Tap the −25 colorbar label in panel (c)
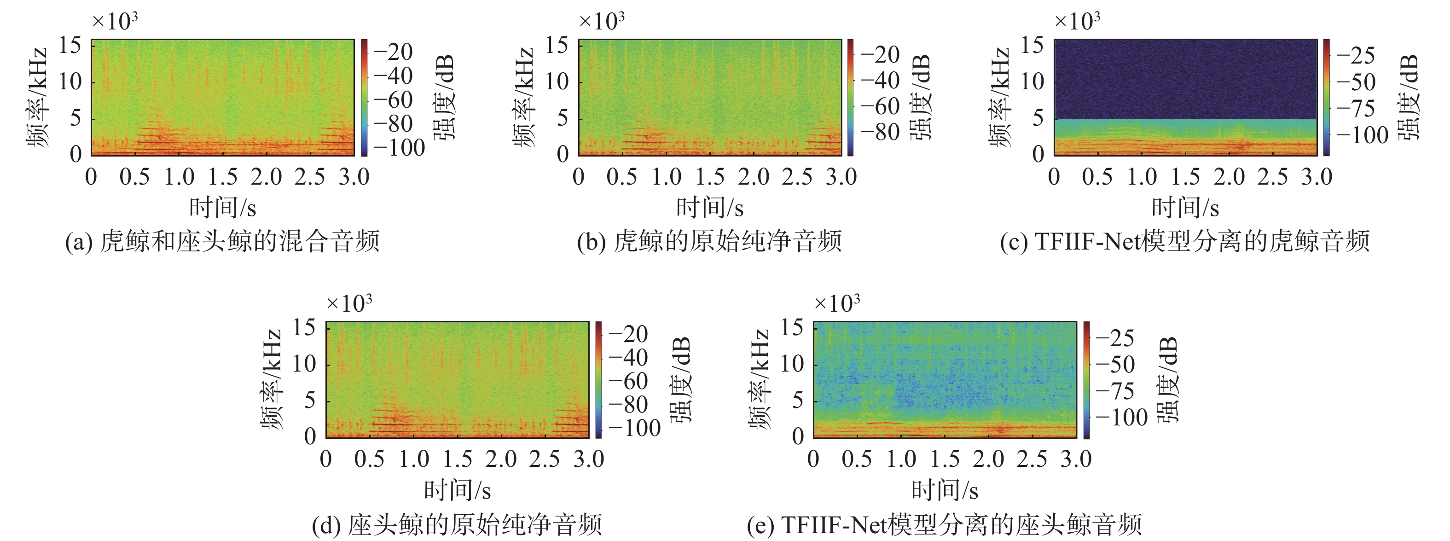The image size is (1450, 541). [x=1356, y=55]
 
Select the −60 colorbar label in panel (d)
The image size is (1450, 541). [x=627, y=381]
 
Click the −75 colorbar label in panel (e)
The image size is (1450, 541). [x=1114, y=391]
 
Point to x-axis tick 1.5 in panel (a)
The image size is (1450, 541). [x=223, y=177]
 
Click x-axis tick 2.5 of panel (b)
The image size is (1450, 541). [x=797, y=177]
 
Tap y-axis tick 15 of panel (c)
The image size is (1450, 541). [x=1032, y=45]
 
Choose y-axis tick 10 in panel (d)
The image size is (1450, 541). [x=304, y=364]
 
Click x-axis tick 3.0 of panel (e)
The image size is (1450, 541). [x=1076, y=460]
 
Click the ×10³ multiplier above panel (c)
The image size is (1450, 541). [x=1077, y=21]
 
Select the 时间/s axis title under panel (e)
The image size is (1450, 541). [x=945, y=490]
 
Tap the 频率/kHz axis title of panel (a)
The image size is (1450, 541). [x=38, y=97]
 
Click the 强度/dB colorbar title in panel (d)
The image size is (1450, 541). [x=681, y=380]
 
